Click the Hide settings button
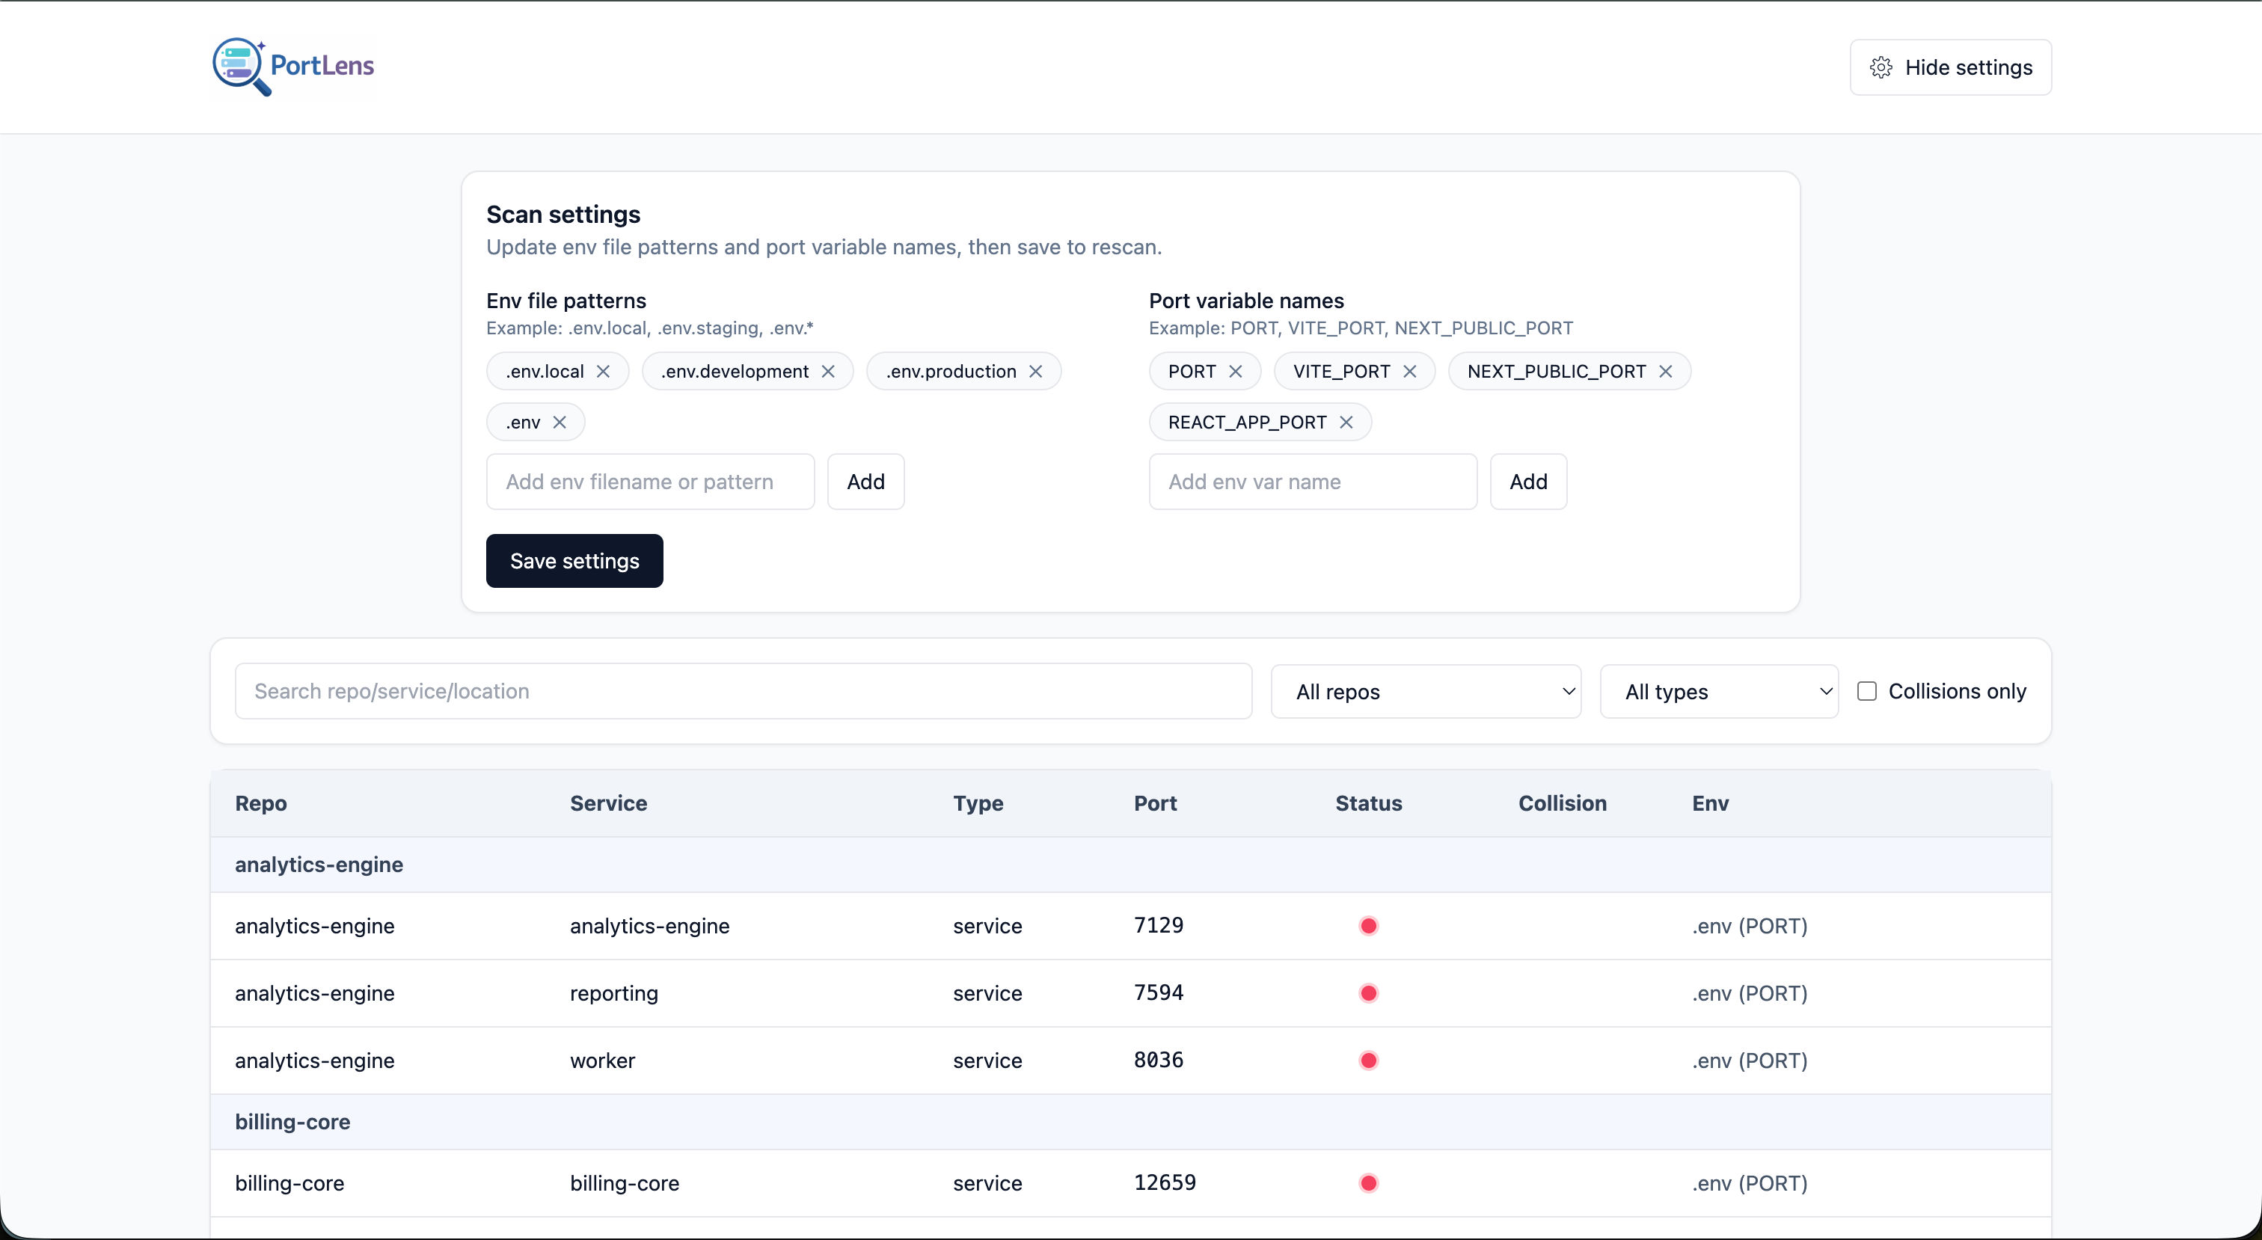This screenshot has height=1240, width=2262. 1949,67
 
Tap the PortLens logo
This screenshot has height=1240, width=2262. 293,66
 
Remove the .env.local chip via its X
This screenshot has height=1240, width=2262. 603,372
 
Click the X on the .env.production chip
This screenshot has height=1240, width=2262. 1035,372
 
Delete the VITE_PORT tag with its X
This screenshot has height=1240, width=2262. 1409,372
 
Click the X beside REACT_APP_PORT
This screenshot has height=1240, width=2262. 1346,423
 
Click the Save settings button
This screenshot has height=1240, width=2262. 574,561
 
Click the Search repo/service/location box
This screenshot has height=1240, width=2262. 742,691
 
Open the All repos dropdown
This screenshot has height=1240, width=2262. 1425,692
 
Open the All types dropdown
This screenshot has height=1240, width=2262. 1718,692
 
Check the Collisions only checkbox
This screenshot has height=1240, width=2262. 1867,691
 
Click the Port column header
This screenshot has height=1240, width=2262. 1155,803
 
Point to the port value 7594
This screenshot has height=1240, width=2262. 1158,992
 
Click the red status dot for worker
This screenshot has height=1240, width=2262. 1368,1061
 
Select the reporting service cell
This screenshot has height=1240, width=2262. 614,993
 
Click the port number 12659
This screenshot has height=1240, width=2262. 1165,1182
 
